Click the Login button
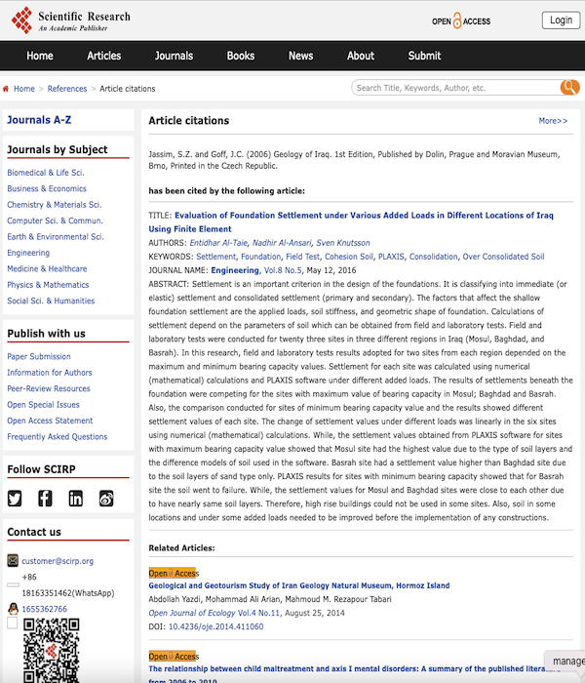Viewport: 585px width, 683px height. click(x=561, y=20)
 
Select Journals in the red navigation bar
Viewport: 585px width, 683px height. click(x=174, y=56)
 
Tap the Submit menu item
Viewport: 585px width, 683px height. click(x=424, y=56)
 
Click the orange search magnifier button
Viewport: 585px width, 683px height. click(x=569, y=88)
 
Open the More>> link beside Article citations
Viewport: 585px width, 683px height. click(x=553, y=121)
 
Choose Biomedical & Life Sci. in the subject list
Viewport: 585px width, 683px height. click(x=46, y=173)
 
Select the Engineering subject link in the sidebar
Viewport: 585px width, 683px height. click(x=28, y=253)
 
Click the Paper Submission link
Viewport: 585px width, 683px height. click(x=39, y=356)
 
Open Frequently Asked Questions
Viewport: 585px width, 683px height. click(x=58, y=436)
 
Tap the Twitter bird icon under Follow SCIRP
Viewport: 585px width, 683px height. click(x=15, y=499)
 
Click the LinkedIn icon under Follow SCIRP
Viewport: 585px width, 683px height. click(x=76, y=499)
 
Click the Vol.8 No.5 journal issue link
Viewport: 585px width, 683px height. click(x=286, y=270)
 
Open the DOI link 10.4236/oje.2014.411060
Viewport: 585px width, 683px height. click(x=215, y=626)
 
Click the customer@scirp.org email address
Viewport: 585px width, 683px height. click(x=58, y=561)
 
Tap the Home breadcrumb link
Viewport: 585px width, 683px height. click(x=24, y=89)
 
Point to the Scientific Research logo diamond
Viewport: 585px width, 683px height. click(x=20, y=21)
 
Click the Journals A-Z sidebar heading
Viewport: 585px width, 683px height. click(x=39, y=120)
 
